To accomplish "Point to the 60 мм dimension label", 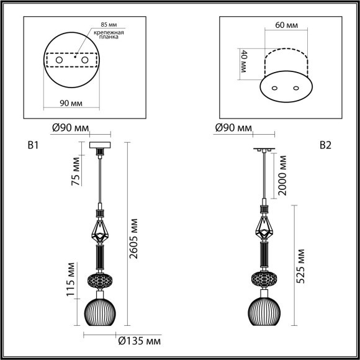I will click(282, 26).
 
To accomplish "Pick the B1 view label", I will click(34, 146).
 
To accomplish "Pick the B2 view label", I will click(325, 146).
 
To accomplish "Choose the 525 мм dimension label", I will click(301, 266).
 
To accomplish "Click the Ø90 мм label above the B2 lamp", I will click(233, 128).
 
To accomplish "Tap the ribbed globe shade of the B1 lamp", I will click(99, 311).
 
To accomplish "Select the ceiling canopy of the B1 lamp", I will click(99, 146).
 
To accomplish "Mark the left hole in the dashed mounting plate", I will click(60, 60).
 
